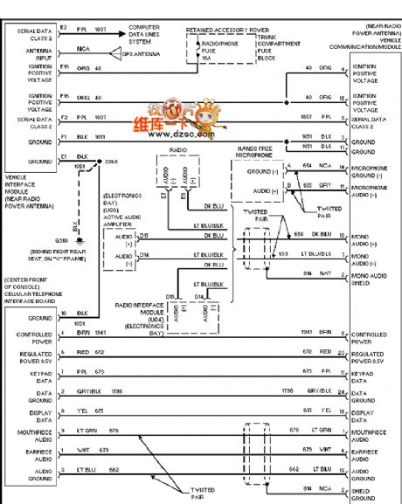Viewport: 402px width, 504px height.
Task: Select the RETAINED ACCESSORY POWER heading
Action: coord(226,29)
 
